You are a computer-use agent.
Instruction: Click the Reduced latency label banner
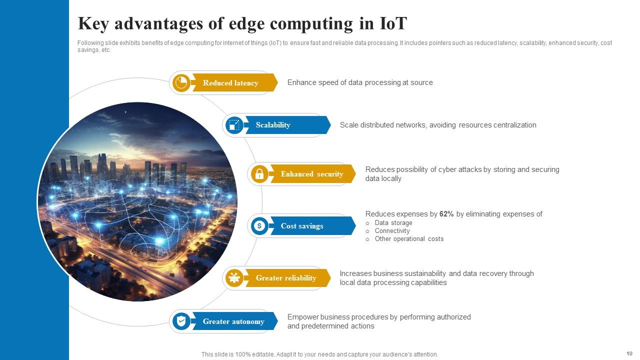click(x=230, y=83)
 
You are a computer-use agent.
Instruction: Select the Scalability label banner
click(x=273, y=125)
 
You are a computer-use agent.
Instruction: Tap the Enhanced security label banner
click(x=312, y=174)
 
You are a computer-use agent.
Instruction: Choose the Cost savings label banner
click(x=302, y=226)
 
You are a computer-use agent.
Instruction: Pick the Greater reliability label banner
click(x=286, y=278)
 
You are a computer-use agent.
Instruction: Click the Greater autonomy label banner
click(x=233, y=321)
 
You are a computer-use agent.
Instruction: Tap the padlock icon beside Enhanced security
click(x=259, y=174)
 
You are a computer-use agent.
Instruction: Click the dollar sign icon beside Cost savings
click(x=259, y=226)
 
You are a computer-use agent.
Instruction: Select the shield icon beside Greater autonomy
click(x=181, y=321)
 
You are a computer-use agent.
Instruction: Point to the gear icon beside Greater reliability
click(x=234, y=278)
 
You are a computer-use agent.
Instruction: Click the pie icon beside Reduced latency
click(x=181, y=83)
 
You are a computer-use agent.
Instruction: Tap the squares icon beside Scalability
click(x=234, y=125)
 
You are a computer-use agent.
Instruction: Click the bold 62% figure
click(x=446, y=214)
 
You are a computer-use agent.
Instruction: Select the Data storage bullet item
click(x=393, y=223)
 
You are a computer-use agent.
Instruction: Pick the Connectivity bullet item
click(x=392, y=231)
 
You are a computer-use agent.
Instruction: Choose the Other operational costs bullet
click(x=409, y=239)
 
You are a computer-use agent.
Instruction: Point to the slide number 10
click(x=629, y=353)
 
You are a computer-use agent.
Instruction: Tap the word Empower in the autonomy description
click(x=302, y=317)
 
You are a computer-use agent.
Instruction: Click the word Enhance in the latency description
click(x=301, y=82)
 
